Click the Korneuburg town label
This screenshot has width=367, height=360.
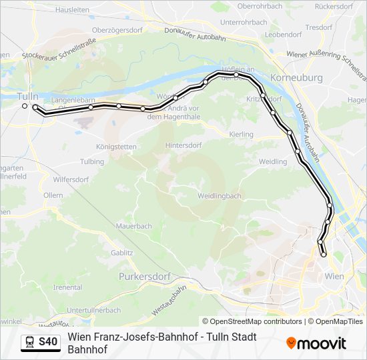tap(298, 78)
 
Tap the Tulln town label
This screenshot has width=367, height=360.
tap(28, 96)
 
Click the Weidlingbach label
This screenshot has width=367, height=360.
tap(219, 196)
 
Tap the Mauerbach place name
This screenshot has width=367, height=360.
tap(133, 226)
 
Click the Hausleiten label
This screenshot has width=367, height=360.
tap(73, 10)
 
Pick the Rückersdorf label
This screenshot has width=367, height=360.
tap(333, 6)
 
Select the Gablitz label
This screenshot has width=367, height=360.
tap(122, 253)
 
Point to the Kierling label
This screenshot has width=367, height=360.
tap(242, 135)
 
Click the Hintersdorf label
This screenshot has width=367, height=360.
tap(183, 145)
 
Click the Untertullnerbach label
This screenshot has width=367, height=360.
tap(93, 310)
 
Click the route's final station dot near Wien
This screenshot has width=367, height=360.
tap(324, 254)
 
